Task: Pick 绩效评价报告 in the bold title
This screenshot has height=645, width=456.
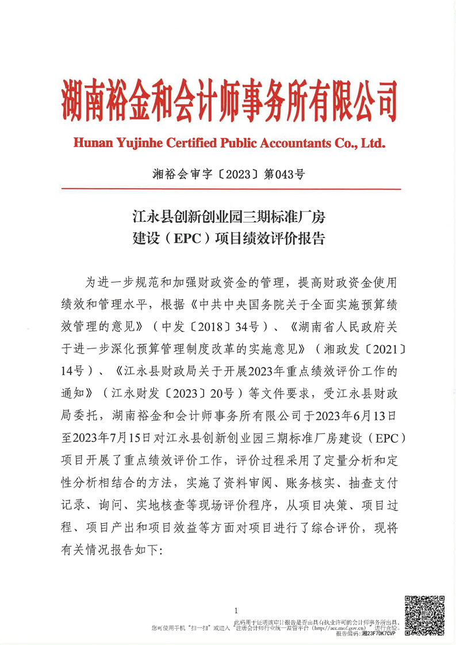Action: click(291, 238)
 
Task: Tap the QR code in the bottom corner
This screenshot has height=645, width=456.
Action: click(424, 615)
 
